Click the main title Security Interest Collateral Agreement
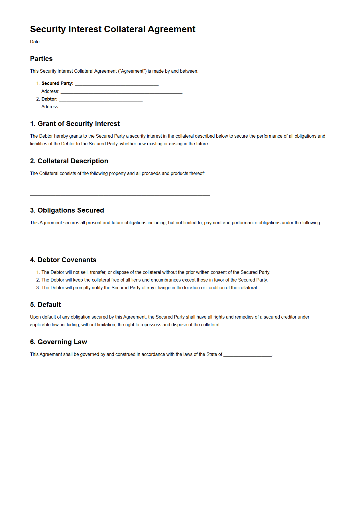(x=113, y=29)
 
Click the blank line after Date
(x=74, y=42)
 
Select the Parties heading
(x=41, y=59)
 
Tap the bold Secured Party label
(x=57, y=83)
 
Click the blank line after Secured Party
(x=117, y=84)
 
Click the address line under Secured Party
(x=121, y=92)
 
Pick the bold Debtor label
(x=49, y=99)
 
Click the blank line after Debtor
(x=101, y=99)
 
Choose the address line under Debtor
(x=121, y=107)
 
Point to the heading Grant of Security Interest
(x=75, y=124)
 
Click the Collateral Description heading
(x=69, y=161)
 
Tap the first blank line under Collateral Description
(x=120, y=187)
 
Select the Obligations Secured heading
(x=67, y=210)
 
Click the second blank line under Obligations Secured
(x=120, y=244)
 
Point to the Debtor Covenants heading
(x=63, y=260)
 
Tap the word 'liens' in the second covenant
(x=136, y=280)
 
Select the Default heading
(x=46, y=305)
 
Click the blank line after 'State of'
(x=247, y=355)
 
